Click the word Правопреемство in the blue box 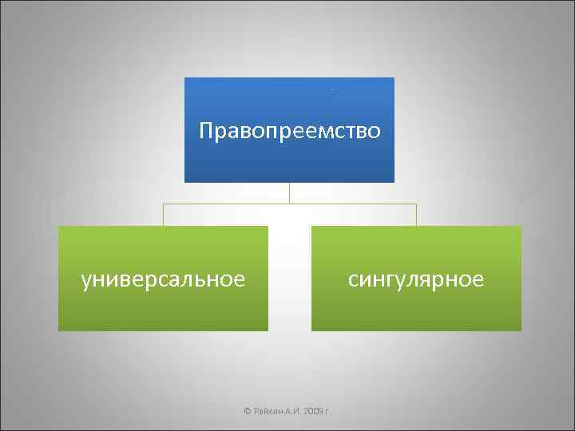(x=289, y=129)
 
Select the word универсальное (x=163, y=279)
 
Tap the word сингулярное (x=416, y=279)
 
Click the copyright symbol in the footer (x=247, y=410)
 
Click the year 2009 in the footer (x=313, y=410)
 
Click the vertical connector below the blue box (x=289, y=192)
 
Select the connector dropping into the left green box (x=163, y=215)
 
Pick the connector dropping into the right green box (x=416, y=215)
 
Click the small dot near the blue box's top (x=333, y=90)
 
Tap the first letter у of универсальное (x=86, y=280)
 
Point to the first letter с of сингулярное (x=353, y=280)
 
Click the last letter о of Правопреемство (x=373, y=130)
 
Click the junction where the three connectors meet (x=289, y=204)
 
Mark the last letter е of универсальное (x=238, y=280)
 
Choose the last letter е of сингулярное (x=478, y=280)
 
